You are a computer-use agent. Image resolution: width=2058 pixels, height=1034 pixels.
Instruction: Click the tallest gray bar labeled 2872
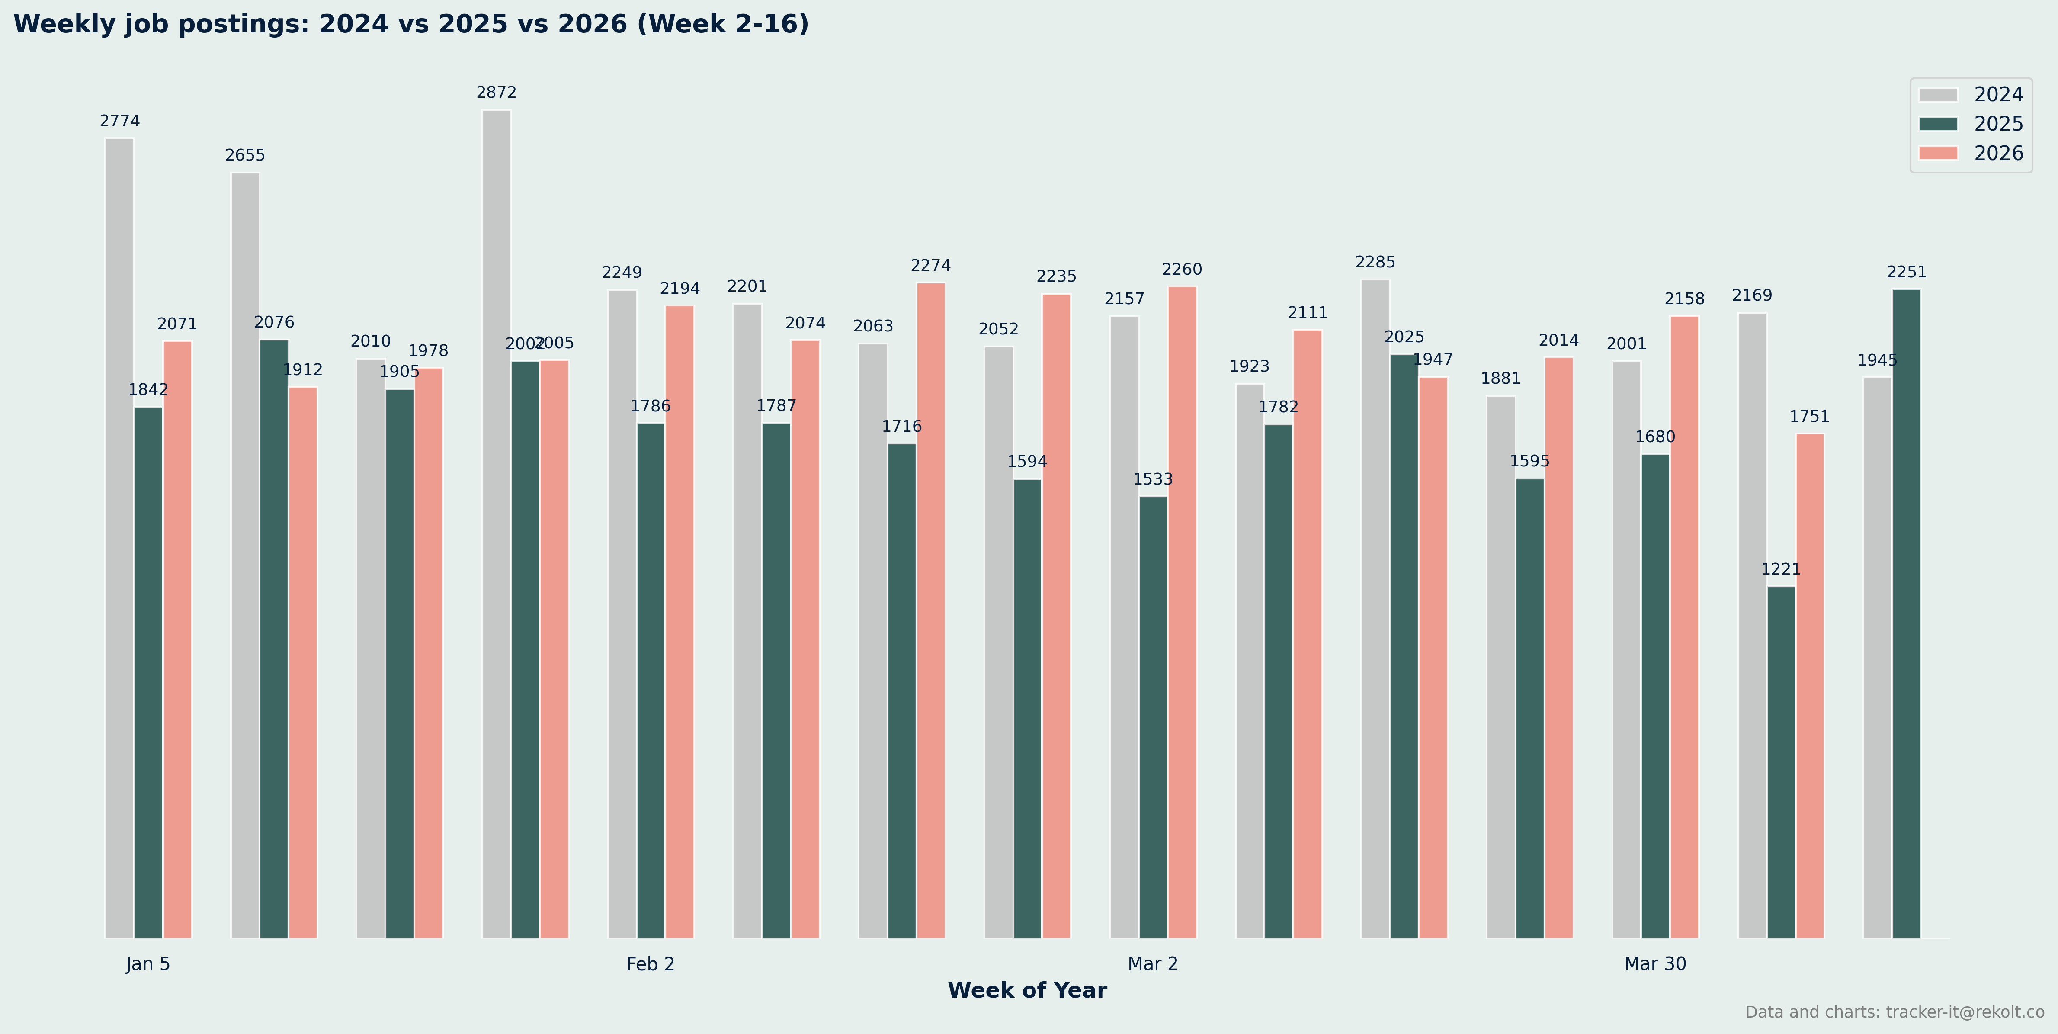point(496,523)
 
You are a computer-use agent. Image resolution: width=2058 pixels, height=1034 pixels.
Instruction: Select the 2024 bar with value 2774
point(120,538)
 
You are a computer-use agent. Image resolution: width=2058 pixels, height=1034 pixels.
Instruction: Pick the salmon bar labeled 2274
point(931,610)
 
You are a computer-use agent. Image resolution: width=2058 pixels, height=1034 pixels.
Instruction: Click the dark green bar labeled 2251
point(1906,613)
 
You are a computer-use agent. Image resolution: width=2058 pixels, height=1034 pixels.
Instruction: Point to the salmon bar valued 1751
point(1810,686)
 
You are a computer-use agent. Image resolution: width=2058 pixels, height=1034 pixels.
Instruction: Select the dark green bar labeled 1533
point(1153,717)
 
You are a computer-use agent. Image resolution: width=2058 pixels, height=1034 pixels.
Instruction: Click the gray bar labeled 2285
point(1375,608)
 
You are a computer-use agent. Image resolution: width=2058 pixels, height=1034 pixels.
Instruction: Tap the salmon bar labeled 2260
point(1182,612)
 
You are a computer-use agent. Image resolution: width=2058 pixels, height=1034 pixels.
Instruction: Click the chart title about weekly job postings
point(410,24)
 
